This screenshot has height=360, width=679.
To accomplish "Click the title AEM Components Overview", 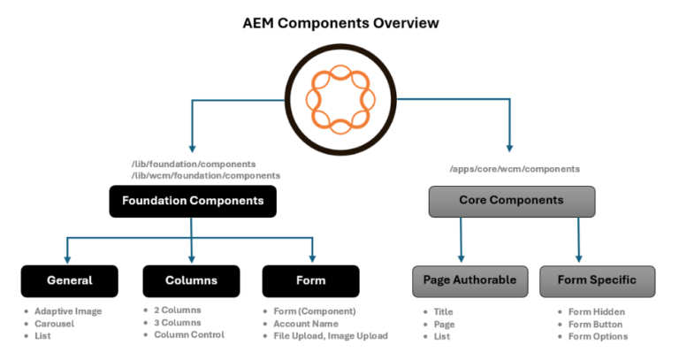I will (340, 22).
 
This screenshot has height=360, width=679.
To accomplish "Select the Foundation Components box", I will (192, 201).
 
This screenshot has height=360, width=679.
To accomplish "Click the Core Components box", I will (511, 201).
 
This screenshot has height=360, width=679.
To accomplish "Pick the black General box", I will (70, 280).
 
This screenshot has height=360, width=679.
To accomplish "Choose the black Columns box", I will (192, 280).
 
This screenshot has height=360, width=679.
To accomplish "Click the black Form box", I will (311, 280).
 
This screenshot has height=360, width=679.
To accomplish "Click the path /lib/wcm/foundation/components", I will (205, 176).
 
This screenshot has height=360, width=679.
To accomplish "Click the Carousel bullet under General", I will (55, 323).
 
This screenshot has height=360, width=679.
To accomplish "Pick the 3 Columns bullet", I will (177, 323).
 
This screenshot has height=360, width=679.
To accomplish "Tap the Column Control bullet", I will (188, 335).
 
